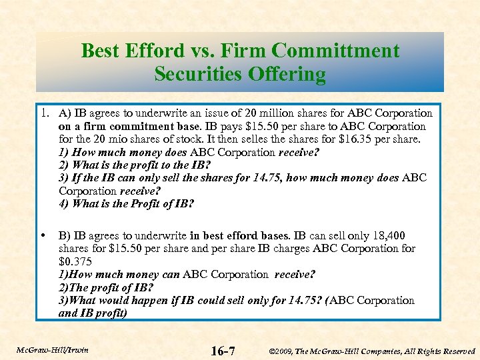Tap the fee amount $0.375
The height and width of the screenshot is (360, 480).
point(75,261)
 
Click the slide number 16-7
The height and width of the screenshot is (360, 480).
point(222,350)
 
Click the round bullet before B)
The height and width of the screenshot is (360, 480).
point(43,235)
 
